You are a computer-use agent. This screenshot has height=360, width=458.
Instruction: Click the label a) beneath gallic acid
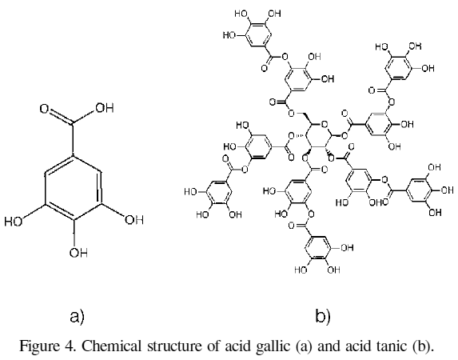pyautogui.click(x=77, y=317)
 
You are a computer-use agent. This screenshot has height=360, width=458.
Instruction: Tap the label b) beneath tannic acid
pyautogui.click(x=323, y=316)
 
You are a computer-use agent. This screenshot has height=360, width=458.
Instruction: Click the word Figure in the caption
pyautogui.click(x=39, y=346)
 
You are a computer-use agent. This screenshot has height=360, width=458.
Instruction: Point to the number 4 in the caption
pyautogui.click(x=70, y=346)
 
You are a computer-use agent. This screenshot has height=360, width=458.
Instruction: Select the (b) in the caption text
pyautogui.click(x=423, y=346)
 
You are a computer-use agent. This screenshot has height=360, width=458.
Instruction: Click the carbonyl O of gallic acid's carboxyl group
pyautogui.click(x=45, y=109)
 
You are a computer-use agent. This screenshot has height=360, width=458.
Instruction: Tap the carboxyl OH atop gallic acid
pyautogui.click(x=104, y=108)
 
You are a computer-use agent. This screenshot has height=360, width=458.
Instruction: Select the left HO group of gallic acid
pyautogui.click(x=13, y=222)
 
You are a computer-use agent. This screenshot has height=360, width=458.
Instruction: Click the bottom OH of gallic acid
pyautogui.click(x=78, y=252)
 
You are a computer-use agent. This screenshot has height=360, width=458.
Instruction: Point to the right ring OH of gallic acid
pyautogui.click(x=134, y=220)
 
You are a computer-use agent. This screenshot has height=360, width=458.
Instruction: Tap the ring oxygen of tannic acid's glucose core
pyautogui.click(x=324, y=125)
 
